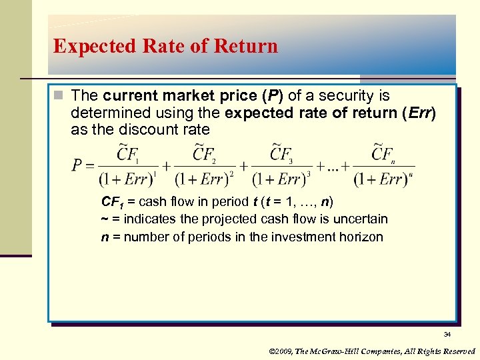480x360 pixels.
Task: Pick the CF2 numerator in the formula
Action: tap(204, 154)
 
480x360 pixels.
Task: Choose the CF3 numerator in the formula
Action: tap(281, 154)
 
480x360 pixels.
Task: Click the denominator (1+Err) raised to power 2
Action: tap(204, 178)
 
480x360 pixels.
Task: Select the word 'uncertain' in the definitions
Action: tap(361, 219)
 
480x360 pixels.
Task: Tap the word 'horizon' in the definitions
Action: tap(361, 236)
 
